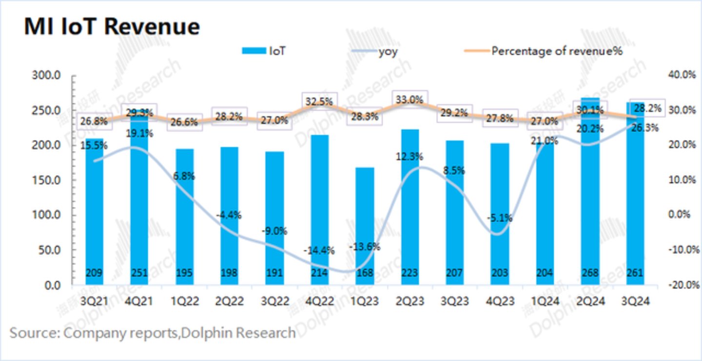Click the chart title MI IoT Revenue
pyautogui.click(x=112, y=26)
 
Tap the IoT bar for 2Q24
pyautogui.click(x=590, y=195)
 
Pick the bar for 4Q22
pyautogui.click(x=320, y=210)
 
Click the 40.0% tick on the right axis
pyautogui.click(x=679, y=75)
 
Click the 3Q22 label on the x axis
pyautogui.click(x=274, y=302)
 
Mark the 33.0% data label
pyautogui.click(x=409, y=100)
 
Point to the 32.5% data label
pyautogui.click(x=320, y=102)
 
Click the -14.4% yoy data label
pyautogui.click(x=319, y=251)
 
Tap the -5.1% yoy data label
pyautogui.click(x=500, y=218)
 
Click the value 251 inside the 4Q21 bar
pyautogui.click(x=139, y=273)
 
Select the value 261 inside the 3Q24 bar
pyautogui.click(x=635, y=273)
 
